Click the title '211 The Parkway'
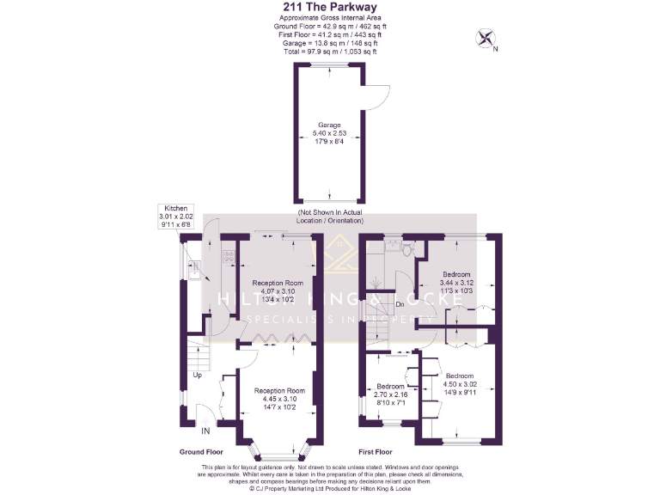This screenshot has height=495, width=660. [330, 6]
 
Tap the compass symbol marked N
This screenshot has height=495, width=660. [486, 38]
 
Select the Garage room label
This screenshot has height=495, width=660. [330, 126]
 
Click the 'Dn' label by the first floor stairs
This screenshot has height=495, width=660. [400, 303]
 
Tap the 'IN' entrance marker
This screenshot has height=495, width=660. [205, 430]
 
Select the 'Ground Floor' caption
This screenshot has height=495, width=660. [202, 451]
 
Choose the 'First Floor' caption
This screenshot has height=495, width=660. [375, 451]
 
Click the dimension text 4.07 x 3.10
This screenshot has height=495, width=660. [278, 291]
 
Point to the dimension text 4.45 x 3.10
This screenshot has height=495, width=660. [279, 399]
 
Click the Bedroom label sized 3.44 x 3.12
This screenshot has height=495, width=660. [456, 274]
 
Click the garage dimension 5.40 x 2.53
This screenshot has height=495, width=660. [330, 134]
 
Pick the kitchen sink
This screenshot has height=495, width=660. [195, 270]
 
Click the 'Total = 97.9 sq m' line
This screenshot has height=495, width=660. [330, 52]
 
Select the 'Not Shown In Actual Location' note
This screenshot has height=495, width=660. [330, 216]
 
